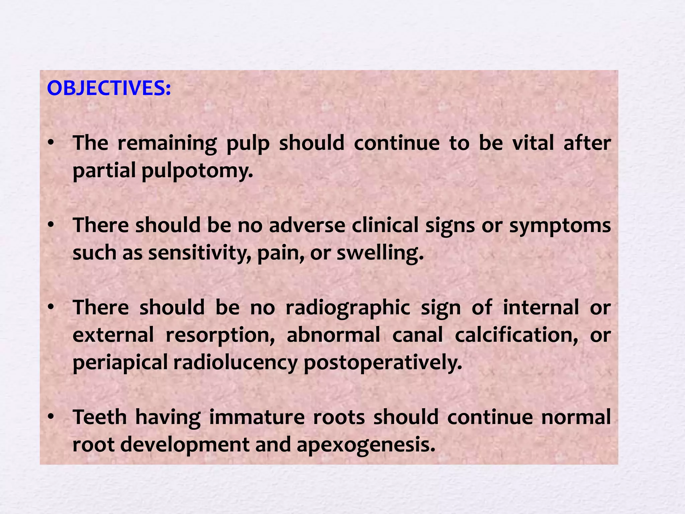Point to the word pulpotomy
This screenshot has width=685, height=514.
(197, 171)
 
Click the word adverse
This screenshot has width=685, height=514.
(307, 225)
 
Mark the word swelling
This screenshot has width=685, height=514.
(380, 253)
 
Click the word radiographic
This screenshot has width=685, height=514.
(348, 308)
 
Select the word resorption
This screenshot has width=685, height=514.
(220, 335)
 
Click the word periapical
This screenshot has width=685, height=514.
(120, 363)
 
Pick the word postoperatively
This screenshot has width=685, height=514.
(383, 363)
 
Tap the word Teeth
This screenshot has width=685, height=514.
(100, 417)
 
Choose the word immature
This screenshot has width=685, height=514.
(257, 417)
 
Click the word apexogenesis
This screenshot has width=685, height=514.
(366, 445)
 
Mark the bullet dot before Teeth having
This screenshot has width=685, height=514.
(51, 417)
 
